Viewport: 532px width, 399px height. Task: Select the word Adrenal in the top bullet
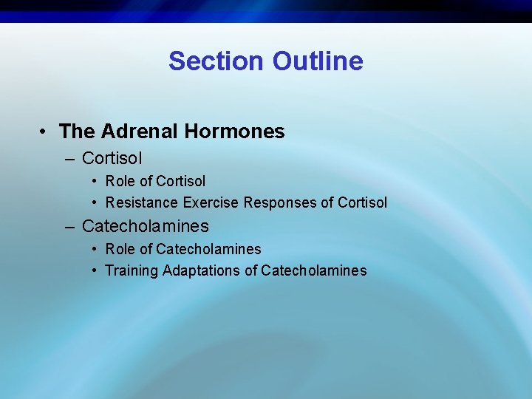click(140, 132)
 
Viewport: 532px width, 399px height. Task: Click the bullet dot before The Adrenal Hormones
click(45, 132)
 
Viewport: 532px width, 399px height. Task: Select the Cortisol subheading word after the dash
click(112, 158)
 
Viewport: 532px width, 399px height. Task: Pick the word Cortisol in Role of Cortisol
click(181, 181)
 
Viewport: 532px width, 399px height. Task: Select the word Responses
click(281, 202)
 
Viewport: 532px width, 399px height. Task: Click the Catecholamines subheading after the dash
click(146, 226)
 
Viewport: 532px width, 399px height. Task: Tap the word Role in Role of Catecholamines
click(120, 249)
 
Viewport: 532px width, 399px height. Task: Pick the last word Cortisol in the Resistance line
click(362, 202)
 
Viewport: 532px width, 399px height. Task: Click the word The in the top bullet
click(78, 132)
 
